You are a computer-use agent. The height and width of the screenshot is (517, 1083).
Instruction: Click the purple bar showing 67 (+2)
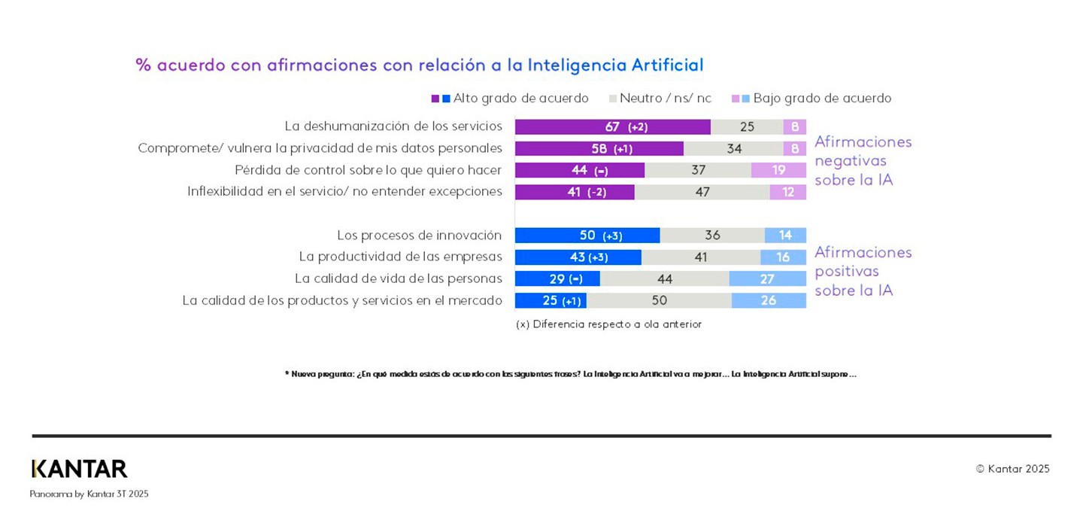612,127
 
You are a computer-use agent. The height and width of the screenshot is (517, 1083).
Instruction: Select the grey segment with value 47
702,192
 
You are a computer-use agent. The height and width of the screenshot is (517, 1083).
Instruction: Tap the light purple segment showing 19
778,171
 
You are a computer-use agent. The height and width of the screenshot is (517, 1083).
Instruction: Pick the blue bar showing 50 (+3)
587,236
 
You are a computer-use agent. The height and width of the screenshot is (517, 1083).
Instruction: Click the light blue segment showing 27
767,279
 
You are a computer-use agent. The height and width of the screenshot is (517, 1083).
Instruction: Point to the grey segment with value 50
659,301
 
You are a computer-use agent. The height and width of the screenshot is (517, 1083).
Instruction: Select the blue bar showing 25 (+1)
551,301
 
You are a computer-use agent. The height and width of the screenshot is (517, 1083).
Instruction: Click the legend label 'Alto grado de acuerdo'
520,99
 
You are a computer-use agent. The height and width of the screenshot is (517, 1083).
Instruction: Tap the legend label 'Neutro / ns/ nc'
665,99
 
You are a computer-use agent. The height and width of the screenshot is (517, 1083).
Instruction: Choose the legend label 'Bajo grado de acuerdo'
821,99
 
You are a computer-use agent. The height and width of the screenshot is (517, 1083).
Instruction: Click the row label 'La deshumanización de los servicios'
393,126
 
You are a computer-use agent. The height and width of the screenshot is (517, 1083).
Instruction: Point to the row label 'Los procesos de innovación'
419,235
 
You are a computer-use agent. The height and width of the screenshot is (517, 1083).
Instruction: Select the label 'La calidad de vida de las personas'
398,278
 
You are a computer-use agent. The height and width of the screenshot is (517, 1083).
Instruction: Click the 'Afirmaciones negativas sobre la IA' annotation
863,161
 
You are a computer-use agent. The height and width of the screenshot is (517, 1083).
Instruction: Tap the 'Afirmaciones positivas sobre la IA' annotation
863,271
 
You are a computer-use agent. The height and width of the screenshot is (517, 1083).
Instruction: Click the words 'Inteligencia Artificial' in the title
615,65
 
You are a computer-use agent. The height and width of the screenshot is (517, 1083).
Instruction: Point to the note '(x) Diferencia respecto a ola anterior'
608,324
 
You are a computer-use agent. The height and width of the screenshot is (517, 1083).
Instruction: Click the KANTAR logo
79,469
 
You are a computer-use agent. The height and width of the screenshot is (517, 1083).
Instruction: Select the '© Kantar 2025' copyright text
1012,469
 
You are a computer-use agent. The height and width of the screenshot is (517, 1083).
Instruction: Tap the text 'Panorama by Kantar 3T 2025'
89,494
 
